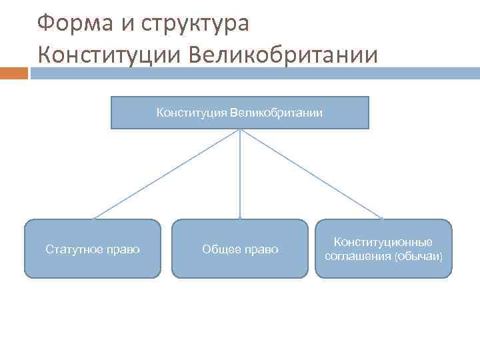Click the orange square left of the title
(x=14, y=73)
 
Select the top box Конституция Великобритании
(x=239, y=112)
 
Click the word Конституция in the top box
(x=192, y=112)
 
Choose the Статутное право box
(x=93, y=249)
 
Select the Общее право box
(x=240, y=249)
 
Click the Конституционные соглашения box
(x=383, y=249)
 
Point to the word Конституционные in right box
(x=383, y=242)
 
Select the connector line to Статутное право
(x=167, y=173)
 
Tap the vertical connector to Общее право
(x=240, y=173)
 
